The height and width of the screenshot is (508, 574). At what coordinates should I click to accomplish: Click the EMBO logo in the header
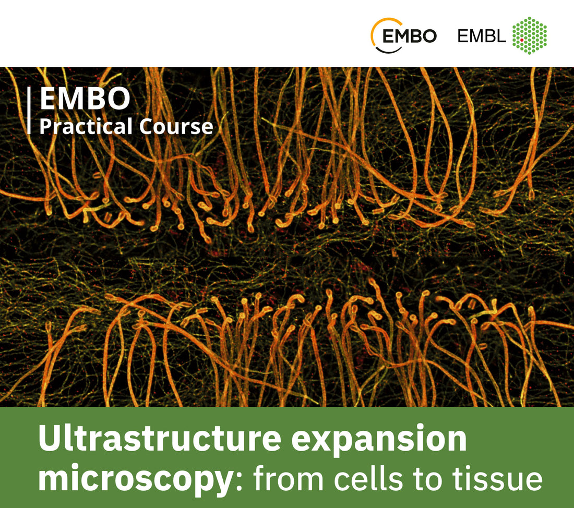[403, 35]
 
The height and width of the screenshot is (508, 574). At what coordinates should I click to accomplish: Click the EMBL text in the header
[482, 36]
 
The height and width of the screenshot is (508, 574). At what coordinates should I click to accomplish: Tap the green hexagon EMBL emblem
[530, 35]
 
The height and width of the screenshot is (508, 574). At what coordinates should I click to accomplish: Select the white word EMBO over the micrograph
[85, 99]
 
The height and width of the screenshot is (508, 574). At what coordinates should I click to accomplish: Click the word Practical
[86, 127]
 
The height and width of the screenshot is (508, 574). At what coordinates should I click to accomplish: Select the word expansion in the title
[378, 439]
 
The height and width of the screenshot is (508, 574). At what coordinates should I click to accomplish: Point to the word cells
[363, 478]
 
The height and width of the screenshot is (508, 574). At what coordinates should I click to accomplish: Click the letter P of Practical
[45, 127]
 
